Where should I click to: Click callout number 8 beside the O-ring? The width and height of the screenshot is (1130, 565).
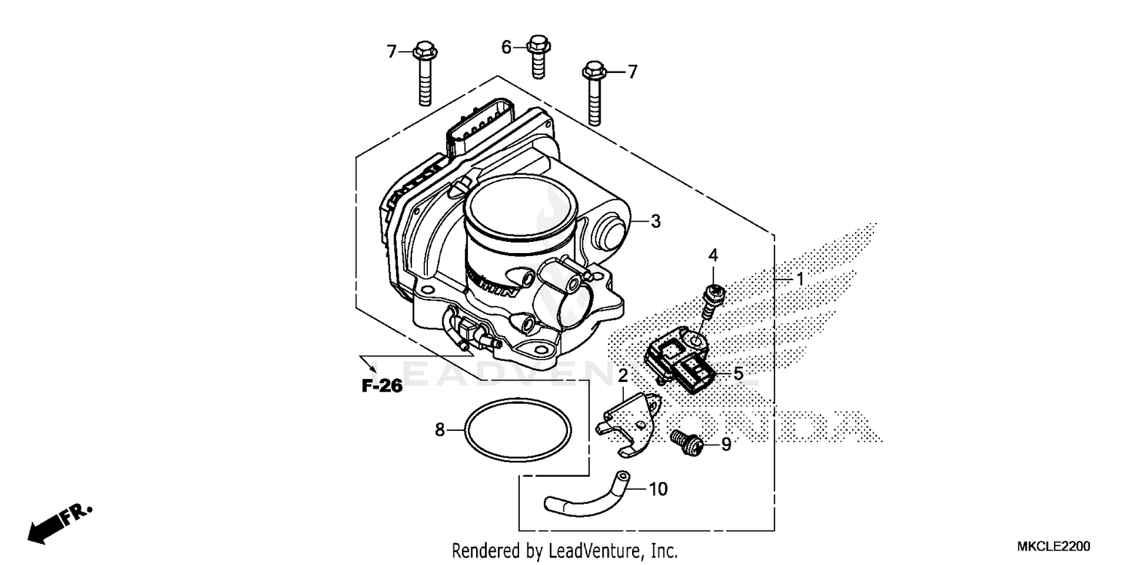(x=440, y=430)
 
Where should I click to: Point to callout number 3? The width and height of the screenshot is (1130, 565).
(x=655, y=221)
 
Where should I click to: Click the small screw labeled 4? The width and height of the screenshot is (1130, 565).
(x=710, y=300)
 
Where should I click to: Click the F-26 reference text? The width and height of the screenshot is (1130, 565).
(x=382, y=386)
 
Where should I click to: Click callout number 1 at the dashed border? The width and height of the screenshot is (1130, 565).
(x=800, y=279)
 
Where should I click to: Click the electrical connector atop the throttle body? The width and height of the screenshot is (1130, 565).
(x=481, y=131)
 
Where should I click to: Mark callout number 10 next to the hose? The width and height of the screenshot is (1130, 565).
(x=658, y=490)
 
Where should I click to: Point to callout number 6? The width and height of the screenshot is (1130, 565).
(x=506, y=47)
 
